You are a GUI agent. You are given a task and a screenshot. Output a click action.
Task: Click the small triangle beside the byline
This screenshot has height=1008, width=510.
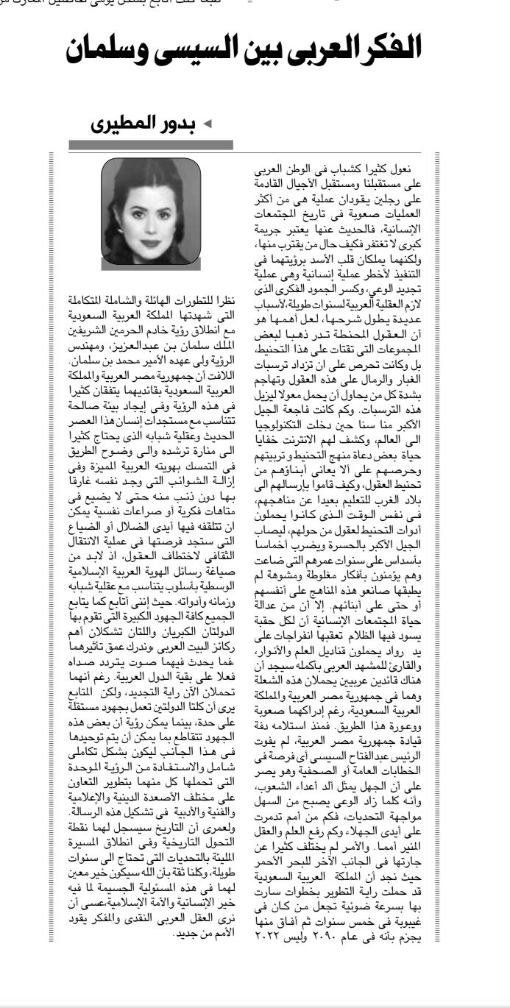pos(207,123)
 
